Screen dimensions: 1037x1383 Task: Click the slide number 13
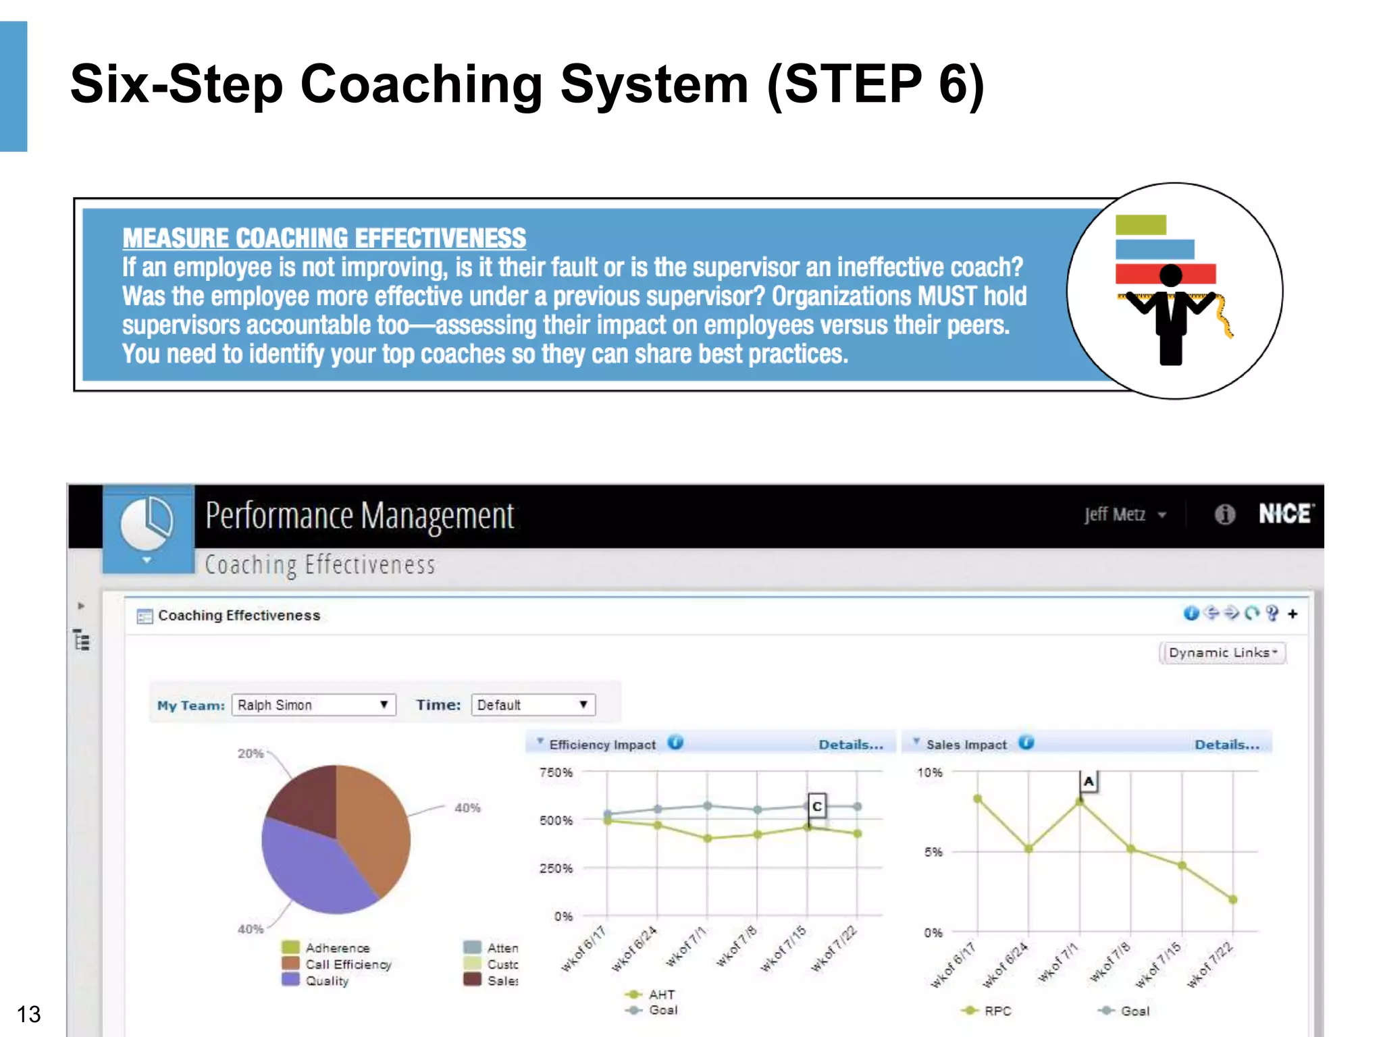tap(28, 1014)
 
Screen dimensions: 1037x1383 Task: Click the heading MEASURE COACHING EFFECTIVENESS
tap(323, 238)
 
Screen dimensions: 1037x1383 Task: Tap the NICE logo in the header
tap(1285, 514)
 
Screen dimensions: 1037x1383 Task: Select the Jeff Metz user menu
tap(1124, 515)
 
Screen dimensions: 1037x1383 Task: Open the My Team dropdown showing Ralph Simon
tap(313, 705)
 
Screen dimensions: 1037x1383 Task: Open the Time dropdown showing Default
tap(532, 705)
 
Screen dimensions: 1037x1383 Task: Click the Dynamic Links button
tap(1222, 653)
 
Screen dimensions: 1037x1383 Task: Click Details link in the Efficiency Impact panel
tap(850, 745)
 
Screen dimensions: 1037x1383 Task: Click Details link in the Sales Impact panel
tap(1226, 745)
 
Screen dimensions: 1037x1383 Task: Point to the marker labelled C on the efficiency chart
tap(817, 806)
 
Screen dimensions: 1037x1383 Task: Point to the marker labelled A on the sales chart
tap(1089, 782)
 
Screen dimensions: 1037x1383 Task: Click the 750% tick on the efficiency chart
tap(556, 772)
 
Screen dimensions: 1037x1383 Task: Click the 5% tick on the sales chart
tap(933, 852)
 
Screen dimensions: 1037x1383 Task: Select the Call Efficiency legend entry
tap(348, 964)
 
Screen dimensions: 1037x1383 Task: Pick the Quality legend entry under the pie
tap(327, 980)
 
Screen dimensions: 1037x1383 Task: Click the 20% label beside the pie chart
tap(250, 753)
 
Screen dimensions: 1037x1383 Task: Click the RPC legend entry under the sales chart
tap(997, 1011)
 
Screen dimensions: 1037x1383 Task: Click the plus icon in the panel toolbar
tap(1293, 614)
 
